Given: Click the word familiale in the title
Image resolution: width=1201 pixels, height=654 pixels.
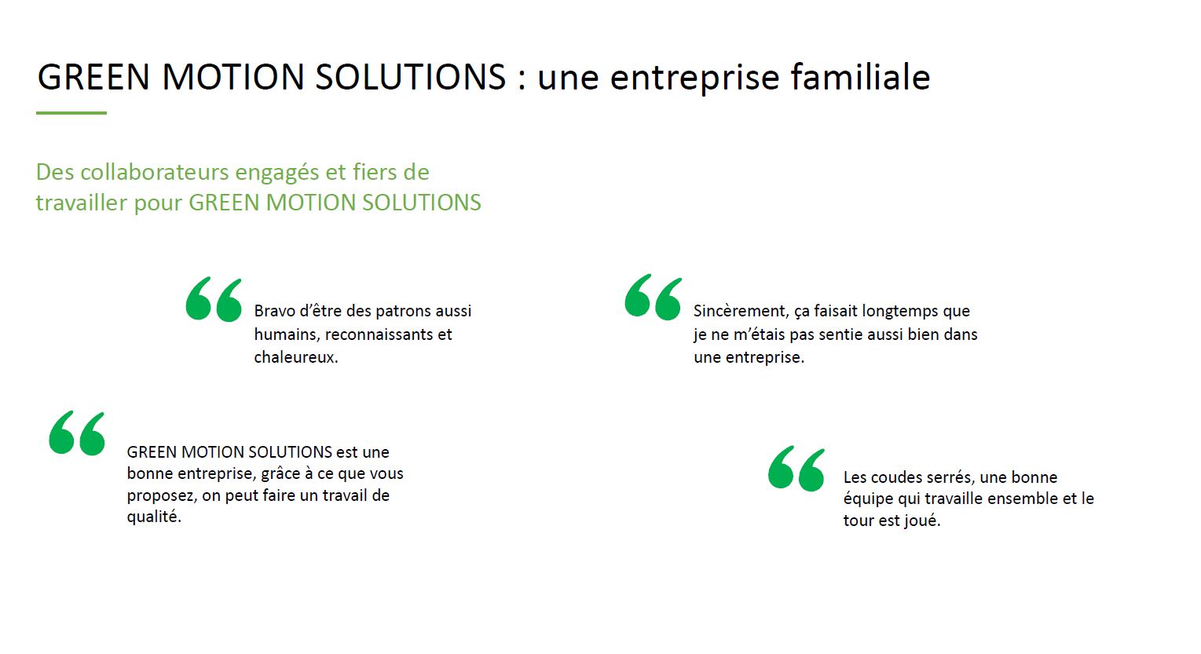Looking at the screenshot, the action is (860, 77).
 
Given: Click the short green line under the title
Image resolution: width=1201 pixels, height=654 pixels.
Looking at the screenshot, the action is (71, 112).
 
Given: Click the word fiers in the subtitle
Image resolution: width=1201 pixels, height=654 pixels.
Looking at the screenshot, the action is (374, 172).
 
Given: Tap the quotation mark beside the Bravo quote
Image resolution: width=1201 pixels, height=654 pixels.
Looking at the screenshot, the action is (214, 299).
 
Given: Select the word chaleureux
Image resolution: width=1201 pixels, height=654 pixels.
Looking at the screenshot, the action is (296, 357).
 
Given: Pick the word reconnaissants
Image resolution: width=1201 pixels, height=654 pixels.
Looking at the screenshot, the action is (379, 334).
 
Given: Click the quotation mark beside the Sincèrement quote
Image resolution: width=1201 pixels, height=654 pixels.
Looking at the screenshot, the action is (653, 297).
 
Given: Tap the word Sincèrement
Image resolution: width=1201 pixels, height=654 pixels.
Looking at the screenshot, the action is (741, 311).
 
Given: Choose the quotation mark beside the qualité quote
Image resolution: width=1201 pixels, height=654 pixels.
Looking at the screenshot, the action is (77, 433).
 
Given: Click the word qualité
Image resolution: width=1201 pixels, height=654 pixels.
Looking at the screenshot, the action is (154, 517).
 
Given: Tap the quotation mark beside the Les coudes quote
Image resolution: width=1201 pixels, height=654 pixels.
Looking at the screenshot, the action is (796, 469).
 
